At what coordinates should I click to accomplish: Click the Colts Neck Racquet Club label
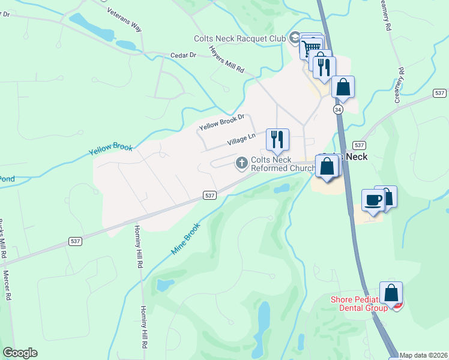(240, 38)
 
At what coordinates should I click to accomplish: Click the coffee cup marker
(373, 200)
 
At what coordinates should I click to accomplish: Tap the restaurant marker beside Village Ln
(277, 139)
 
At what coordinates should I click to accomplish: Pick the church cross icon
(242, 163)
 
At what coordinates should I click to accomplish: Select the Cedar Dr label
(184, 55)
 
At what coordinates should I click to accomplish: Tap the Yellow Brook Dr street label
(222, 123)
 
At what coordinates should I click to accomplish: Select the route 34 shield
(338, 110)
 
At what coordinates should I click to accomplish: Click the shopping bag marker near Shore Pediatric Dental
(391, 293)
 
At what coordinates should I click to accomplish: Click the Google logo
(20, 353)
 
